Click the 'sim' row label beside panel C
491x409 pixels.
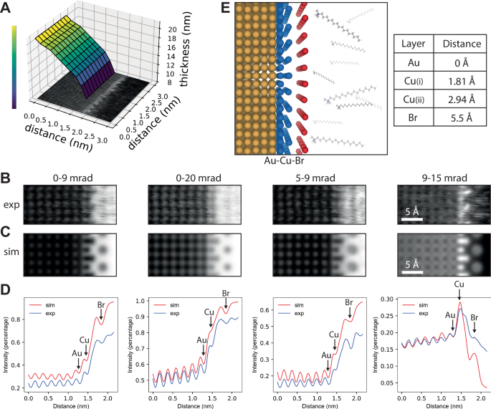point(11,251)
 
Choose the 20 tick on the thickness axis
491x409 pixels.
point(172,28)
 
